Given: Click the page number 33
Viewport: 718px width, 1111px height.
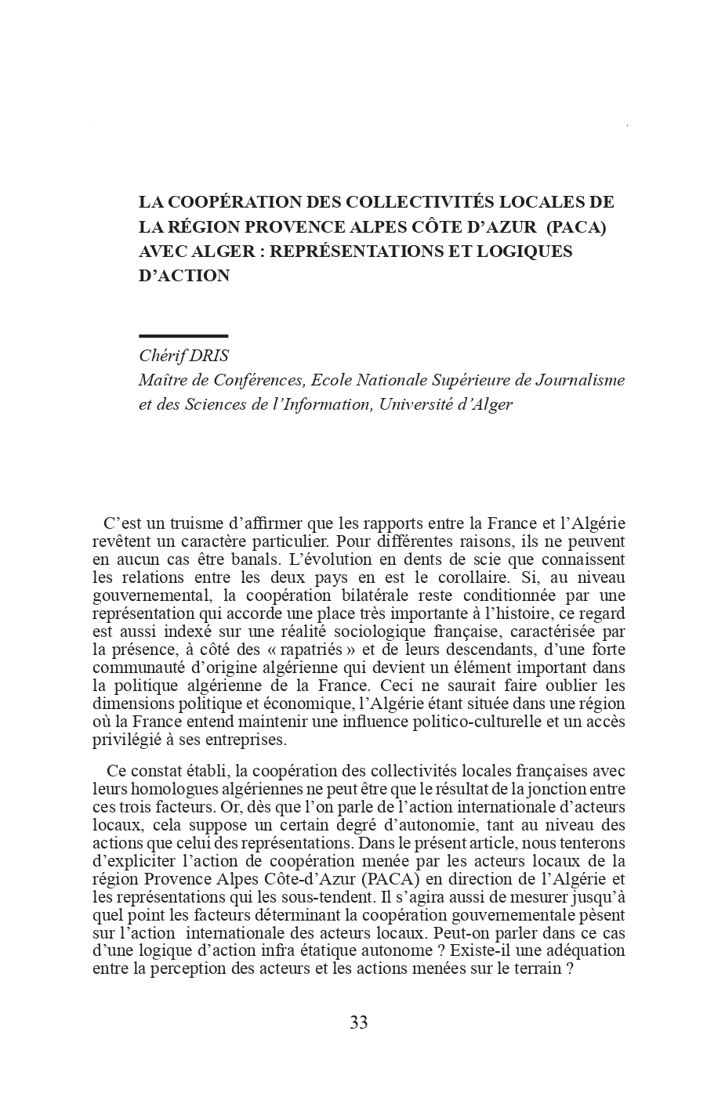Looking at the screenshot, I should [x=359, y=1022].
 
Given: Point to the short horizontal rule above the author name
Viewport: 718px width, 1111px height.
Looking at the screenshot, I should [x=183, y=336].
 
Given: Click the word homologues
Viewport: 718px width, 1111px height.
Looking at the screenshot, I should [x=157, y=789].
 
